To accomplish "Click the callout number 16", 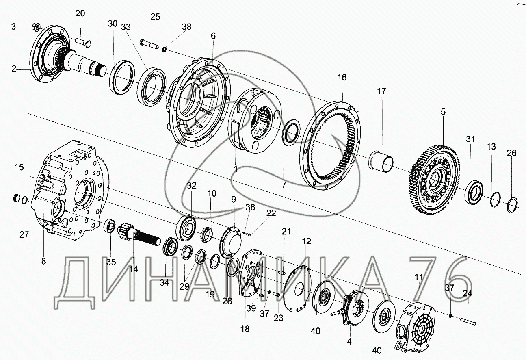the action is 342,78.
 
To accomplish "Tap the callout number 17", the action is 381,91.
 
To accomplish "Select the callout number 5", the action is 443,112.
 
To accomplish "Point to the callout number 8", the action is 43,261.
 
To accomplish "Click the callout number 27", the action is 24,234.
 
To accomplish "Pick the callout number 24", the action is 467,293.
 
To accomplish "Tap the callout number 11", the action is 419,278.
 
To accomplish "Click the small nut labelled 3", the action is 37,27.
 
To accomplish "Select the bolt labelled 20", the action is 84,43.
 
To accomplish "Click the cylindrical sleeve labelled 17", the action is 381,161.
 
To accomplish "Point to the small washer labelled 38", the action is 165,50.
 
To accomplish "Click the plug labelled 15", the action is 16,198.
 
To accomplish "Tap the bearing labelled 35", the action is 110,226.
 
